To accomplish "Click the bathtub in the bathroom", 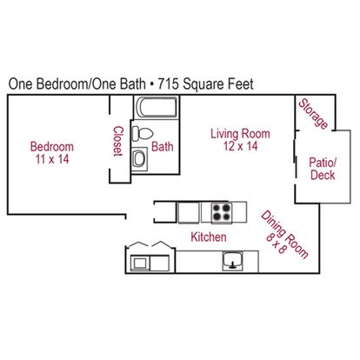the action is tap(157, 107).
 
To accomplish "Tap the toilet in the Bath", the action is tap(143, 134).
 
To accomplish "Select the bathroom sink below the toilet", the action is tap(139, 159).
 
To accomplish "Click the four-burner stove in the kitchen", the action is tap(222, 213).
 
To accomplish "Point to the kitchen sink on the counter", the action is tap(232, 261).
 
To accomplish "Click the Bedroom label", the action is tap(52, 146).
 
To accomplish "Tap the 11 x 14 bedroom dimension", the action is tap(52, 159).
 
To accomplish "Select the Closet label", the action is tap(118, 141).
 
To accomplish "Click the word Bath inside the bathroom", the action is tap(163, 146).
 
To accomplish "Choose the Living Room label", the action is tap(240, 134).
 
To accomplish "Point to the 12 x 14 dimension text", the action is tap(240, 146).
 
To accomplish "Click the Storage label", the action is tap(313, 113).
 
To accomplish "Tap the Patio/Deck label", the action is tap(323, 169).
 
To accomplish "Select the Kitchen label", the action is tap(209, 237).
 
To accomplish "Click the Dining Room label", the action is tap(285, 235).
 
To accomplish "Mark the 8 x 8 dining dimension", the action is tap(277, 243).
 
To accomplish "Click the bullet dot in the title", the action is tap(151, 84).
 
